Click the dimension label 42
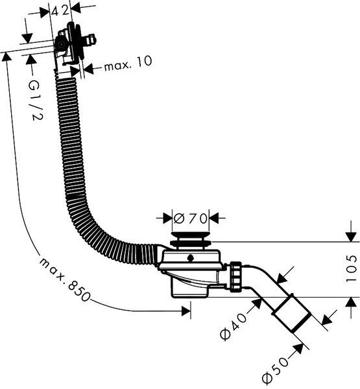coord(60,10)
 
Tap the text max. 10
coord(128,64)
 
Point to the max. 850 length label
coord(64,279)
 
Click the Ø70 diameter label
coord(191,218)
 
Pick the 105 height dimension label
coord(351,268)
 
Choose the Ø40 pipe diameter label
coord(234,325)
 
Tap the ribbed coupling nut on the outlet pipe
coord(235,276)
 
